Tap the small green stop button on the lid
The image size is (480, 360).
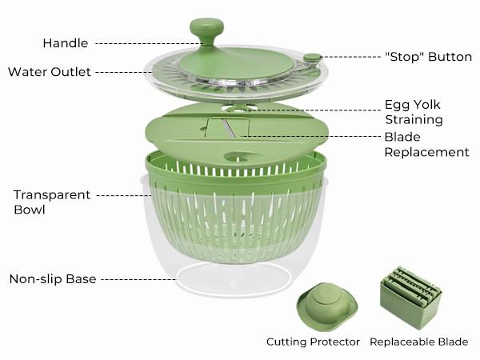(x=313, y=58)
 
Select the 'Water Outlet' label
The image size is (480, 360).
(x=49, y=72)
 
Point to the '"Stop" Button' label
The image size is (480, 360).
(x=428, y=57)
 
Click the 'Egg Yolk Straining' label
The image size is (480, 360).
(x=414, y=112)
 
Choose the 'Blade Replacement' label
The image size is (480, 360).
(x=426, y=144)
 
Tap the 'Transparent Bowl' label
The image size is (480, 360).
(x=42, y=202)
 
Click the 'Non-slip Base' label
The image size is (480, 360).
(x=53, y=279)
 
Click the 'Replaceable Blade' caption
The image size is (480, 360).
(x=419, y=342)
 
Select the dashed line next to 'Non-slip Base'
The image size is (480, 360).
(x=139, y=279)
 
